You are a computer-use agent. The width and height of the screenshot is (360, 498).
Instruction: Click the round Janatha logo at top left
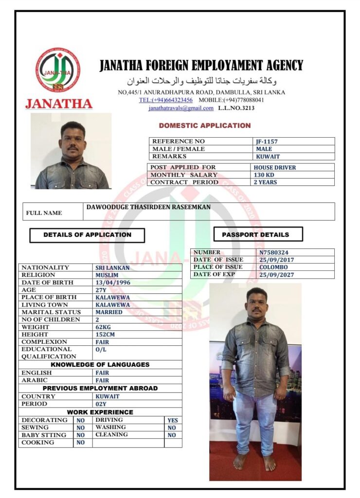click(x=58, y=70)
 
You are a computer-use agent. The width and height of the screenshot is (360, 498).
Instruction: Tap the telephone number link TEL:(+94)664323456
click(x=166, y=100)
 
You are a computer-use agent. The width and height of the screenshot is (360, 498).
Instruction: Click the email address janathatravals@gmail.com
click(x=181, y=108)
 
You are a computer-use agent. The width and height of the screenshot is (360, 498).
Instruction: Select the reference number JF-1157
click(x=267, y=142)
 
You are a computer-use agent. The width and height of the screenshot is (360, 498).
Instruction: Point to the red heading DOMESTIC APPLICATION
click(x=204, y=125)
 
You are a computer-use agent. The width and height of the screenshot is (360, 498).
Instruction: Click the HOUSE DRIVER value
click(x=274, y=167)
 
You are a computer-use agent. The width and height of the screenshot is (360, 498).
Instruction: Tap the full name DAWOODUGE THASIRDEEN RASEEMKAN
click(x=148, y=207)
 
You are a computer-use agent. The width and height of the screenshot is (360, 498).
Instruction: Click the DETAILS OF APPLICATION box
click(x=87, y=235)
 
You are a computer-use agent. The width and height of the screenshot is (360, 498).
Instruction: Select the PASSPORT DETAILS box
click(x=258, y=234)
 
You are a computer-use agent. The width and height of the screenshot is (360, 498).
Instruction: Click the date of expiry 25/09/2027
click(x=276, y=275)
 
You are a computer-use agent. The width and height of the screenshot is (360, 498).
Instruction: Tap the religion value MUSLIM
click(x=107, y=275)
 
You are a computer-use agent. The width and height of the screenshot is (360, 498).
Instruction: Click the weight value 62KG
click(x=103, y=327)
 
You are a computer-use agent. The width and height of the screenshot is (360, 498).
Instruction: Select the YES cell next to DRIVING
click(x=172, y=420)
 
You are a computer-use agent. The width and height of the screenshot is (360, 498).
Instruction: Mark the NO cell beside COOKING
click(x=80, y=443)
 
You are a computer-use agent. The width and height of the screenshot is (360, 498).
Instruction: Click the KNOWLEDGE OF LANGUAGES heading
click(x=100, y=364)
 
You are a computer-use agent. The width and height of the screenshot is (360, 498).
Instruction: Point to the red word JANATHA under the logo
click(x=58, y=104)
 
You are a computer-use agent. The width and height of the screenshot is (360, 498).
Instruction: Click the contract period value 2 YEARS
click(x=265, y=182)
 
